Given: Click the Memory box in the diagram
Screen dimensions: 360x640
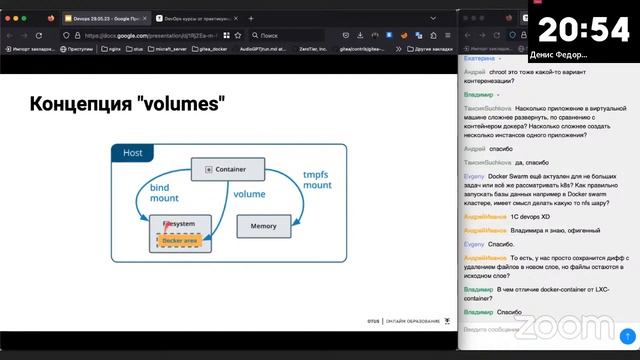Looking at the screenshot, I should [x=263, y=226].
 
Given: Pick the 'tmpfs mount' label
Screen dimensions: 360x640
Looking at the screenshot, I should [x=317, y=180].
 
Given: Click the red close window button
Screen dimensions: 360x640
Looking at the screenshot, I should [x=9, y=17].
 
